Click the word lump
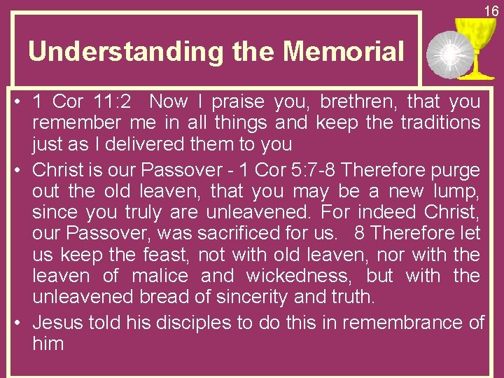pyautogui.click(x=459, y=192)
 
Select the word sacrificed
pyautogui.click(x=232, y=234)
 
